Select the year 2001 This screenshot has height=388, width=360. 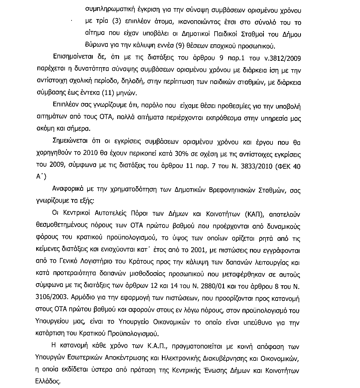[x=198, y=250]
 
